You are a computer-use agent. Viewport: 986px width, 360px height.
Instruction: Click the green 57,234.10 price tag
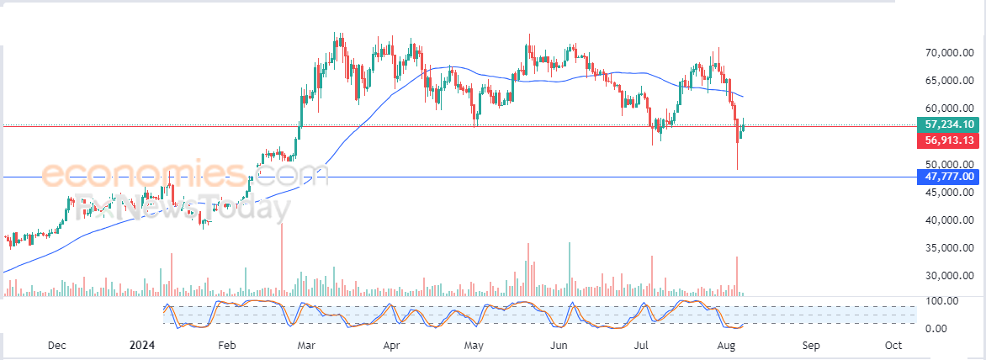click(949, 123)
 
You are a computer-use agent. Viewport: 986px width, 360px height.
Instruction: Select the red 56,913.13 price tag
click(949, 140)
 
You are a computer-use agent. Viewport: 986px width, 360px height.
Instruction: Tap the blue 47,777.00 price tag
click(949, 177)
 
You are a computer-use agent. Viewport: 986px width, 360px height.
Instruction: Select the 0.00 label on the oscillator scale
click(940, 328)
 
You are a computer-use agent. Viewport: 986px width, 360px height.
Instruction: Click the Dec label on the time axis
click(56, 346)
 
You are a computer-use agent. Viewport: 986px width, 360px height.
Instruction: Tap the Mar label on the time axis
click(306, 346)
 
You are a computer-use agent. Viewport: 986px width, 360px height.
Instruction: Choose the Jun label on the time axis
click(558, 346)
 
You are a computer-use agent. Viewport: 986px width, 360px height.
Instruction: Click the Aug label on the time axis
click(726, 346)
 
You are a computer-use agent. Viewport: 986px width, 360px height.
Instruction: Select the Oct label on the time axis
click(893, 346)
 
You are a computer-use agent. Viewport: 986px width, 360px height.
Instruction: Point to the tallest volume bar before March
click(281, 259)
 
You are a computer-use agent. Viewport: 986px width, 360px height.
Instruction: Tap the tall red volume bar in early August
click(737, 275)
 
